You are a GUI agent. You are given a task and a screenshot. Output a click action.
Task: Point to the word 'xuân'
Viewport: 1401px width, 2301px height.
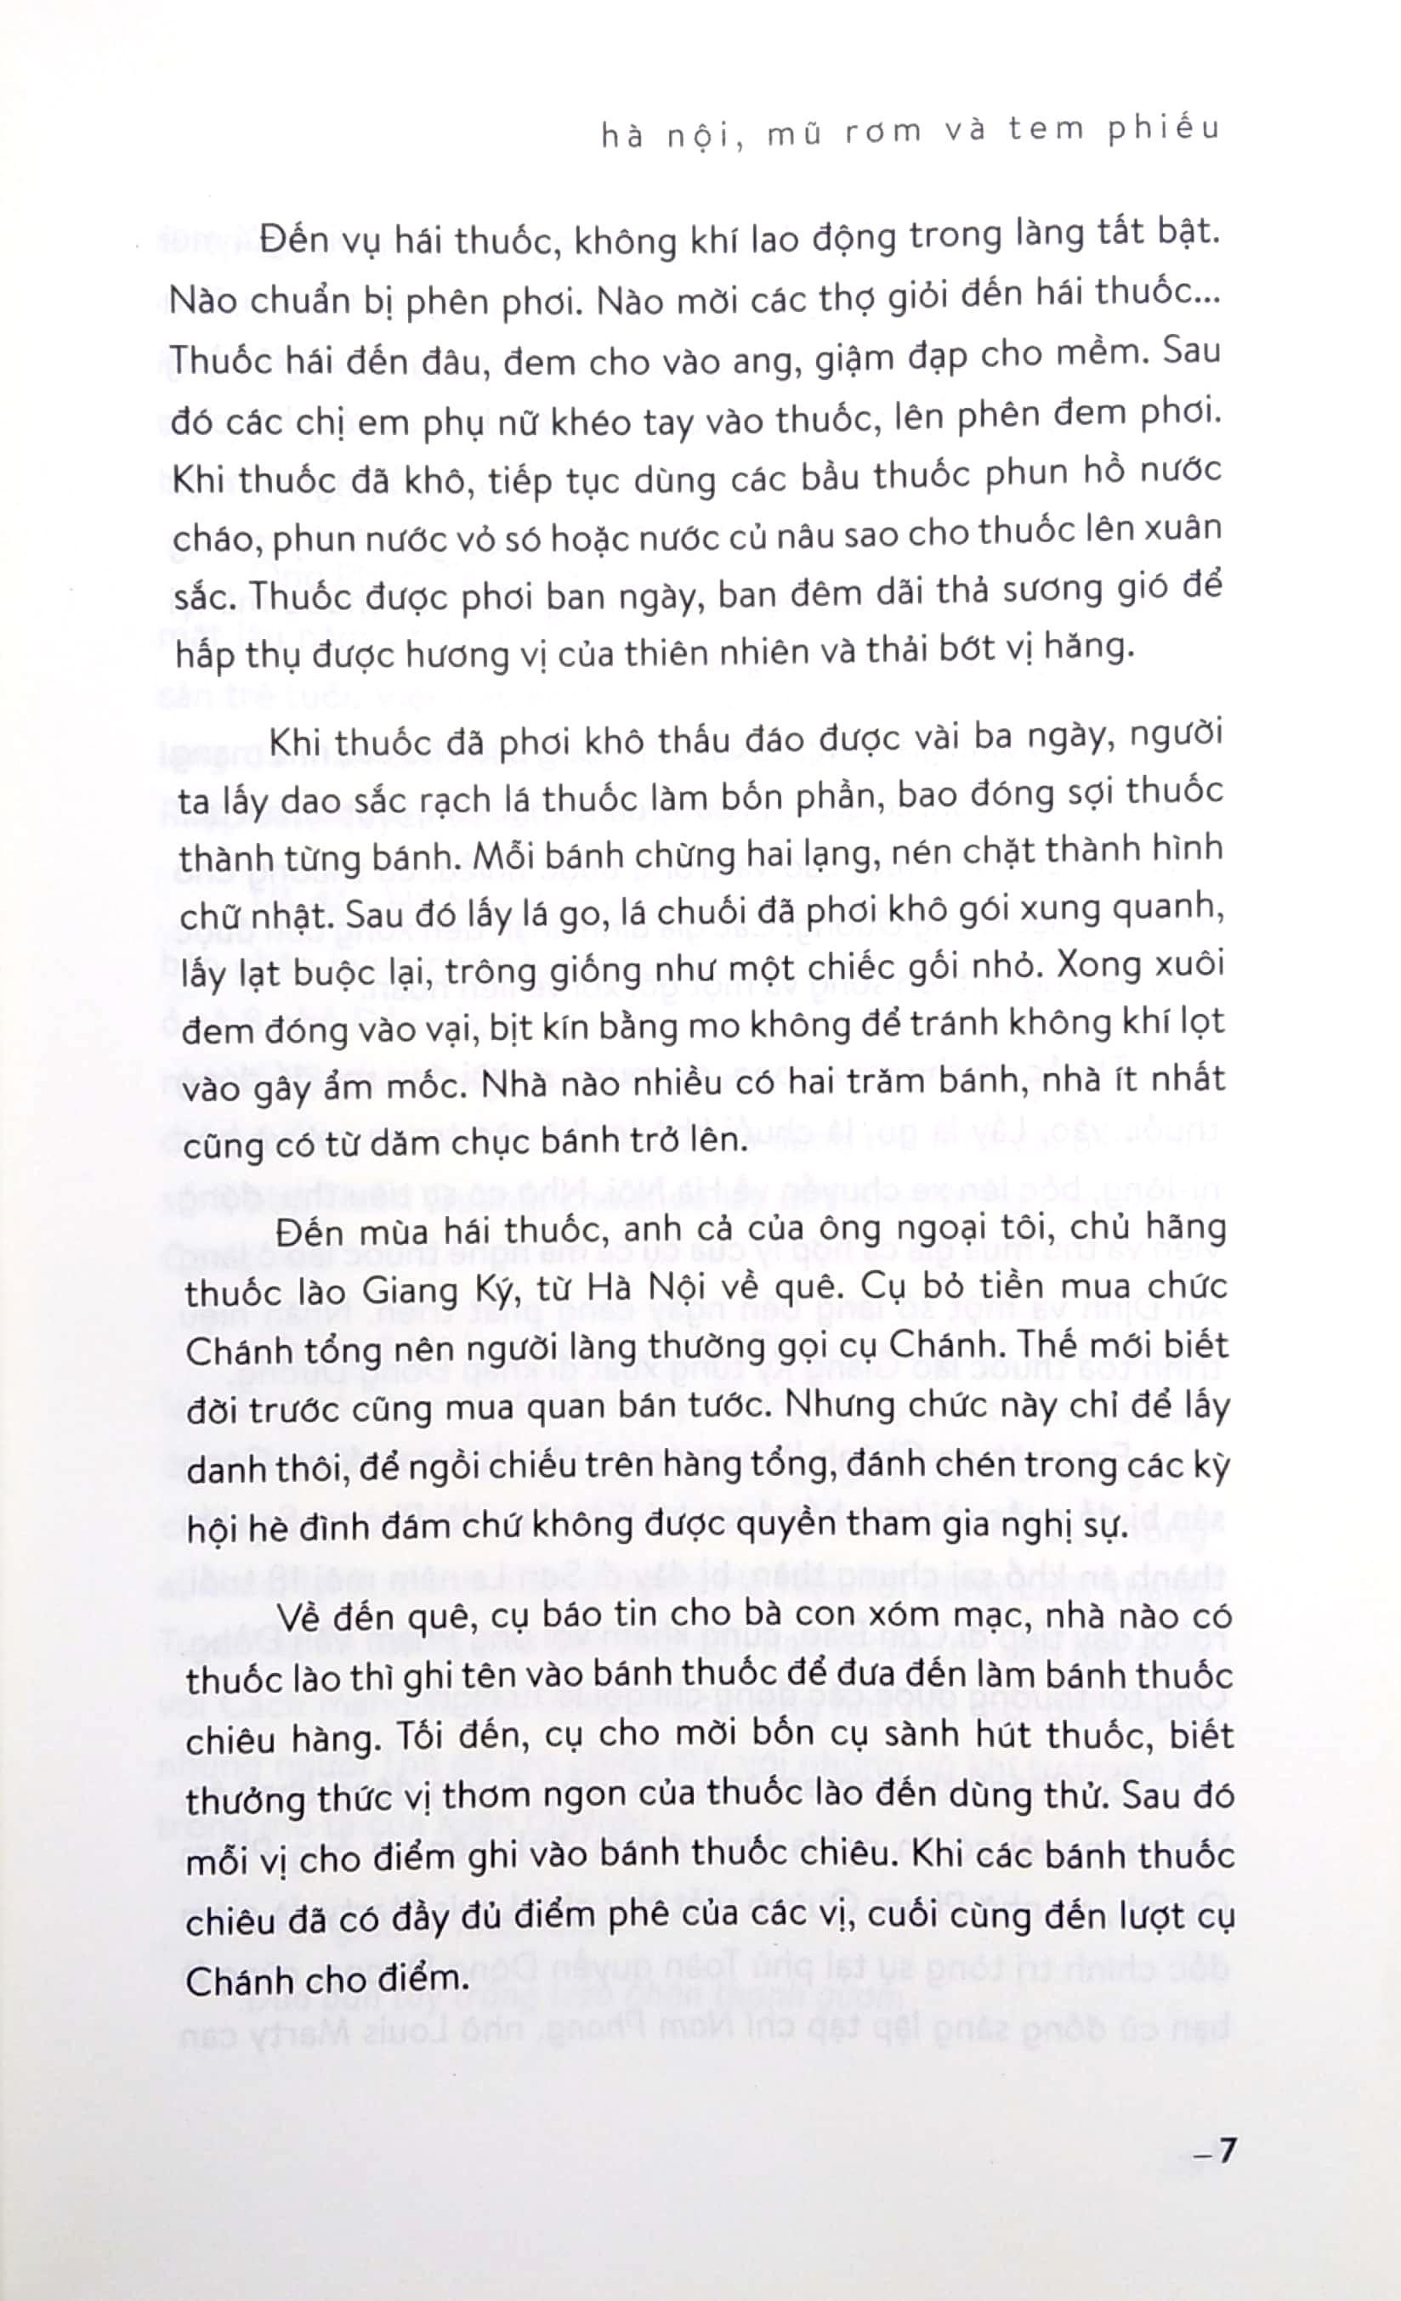[x=1182, y=529]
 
